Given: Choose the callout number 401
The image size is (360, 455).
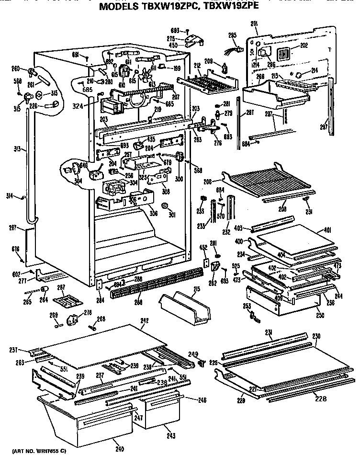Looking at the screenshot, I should coord(327,229).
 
